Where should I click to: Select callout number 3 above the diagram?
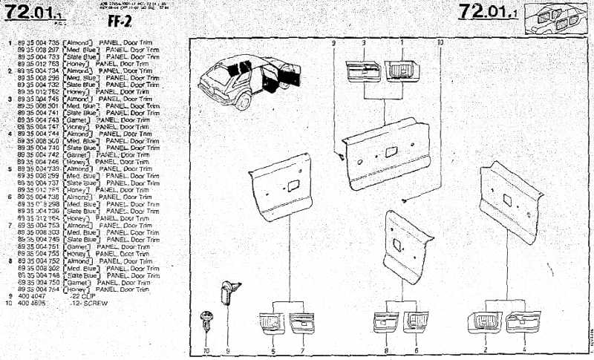click(364, 44)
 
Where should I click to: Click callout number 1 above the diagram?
click(402, 44)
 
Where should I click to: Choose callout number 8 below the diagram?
click(387, 350)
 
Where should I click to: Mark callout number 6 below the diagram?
click(416, 350)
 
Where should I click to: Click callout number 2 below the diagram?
click(486, 349)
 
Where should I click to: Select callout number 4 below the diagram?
click(524, 349)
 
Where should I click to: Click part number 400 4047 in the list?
click(30, 295)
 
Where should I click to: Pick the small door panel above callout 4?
click(519, 321)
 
